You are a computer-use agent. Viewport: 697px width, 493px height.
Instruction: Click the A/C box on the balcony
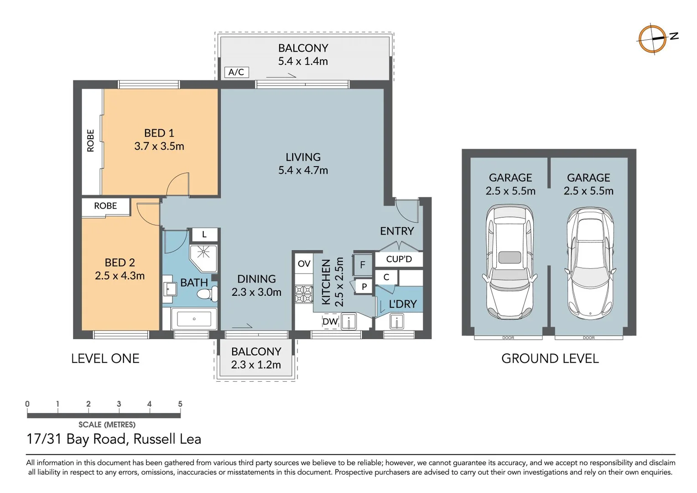pos(236,72)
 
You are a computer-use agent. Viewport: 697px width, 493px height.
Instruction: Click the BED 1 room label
pos(159,133)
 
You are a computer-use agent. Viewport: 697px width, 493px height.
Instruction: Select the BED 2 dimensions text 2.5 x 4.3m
pos(120,276)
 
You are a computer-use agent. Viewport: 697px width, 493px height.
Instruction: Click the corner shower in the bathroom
pos(203,257)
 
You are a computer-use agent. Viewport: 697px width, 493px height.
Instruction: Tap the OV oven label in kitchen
pos(304,263)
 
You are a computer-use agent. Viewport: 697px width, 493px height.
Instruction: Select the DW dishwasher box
pos(330,321)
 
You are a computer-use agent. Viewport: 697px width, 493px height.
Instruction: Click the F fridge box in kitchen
pos(363,264)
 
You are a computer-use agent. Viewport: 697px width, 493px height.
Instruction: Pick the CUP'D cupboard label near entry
pos(399,259)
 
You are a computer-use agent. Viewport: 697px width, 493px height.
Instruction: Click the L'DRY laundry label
pos(402,304)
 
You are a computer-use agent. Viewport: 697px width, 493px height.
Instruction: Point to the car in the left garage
pos(510,262)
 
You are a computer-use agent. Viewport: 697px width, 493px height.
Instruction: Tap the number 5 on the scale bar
pos(180,404)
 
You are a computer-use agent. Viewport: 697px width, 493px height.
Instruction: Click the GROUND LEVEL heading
pos(550,358)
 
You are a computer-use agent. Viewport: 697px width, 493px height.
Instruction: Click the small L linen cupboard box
pos(204,235)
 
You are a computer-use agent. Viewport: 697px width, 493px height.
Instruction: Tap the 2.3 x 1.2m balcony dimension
pos(255,365)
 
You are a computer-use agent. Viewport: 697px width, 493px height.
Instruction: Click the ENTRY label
pos(396,231)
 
